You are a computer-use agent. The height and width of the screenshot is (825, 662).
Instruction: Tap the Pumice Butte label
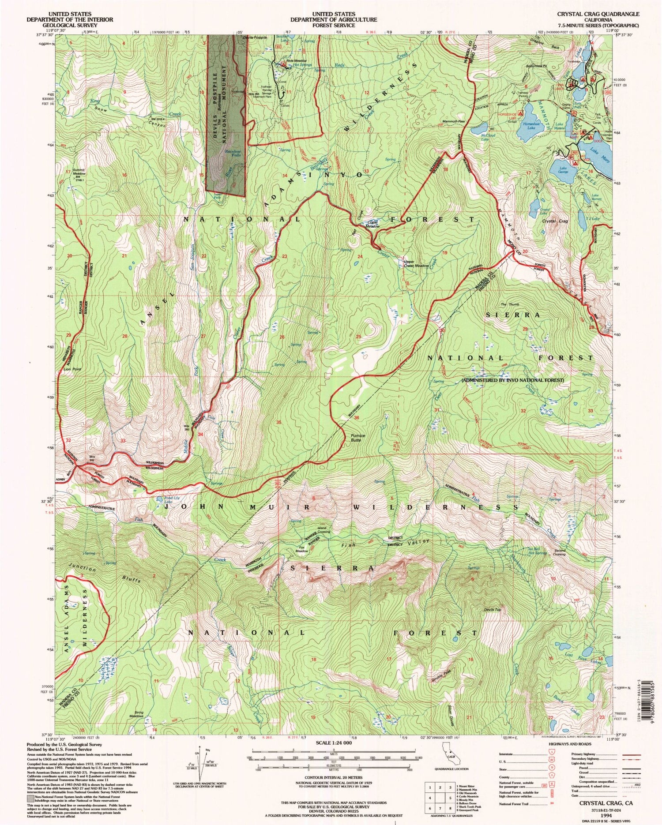pos(358,437)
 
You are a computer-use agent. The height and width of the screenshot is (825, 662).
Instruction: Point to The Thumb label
pos(510,304)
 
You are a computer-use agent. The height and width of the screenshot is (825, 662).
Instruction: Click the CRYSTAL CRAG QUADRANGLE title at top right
pos(598,14)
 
